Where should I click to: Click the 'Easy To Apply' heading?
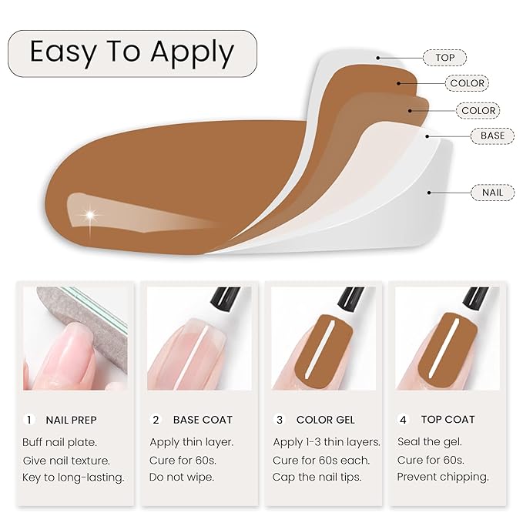click(x=132, y=53)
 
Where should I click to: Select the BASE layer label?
click(x=492, y=136)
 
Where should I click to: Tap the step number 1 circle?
click(x=29, y=420)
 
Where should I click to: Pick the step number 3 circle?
click(x=280, y=420)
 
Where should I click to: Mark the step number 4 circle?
click(x=403, y=420)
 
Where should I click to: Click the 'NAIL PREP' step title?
click(x=72, y=420)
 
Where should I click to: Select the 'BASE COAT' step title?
click(x=203, y=420)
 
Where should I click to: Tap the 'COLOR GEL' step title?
click(x=326, y=420)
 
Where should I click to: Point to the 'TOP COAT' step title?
click(x=448, y=420)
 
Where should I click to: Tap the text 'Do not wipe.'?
click(x=183, y=477)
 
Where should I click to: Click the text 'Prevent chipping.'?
click(x=443, y=477)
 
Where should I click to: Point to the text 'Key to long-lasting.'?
click(x=73, y=477)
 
